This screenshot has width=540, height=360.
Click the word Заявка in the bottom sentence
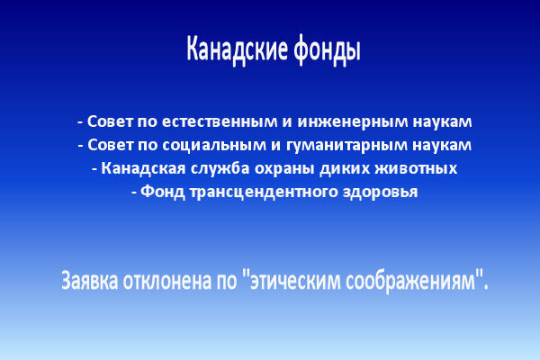[x=93, y=280]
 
